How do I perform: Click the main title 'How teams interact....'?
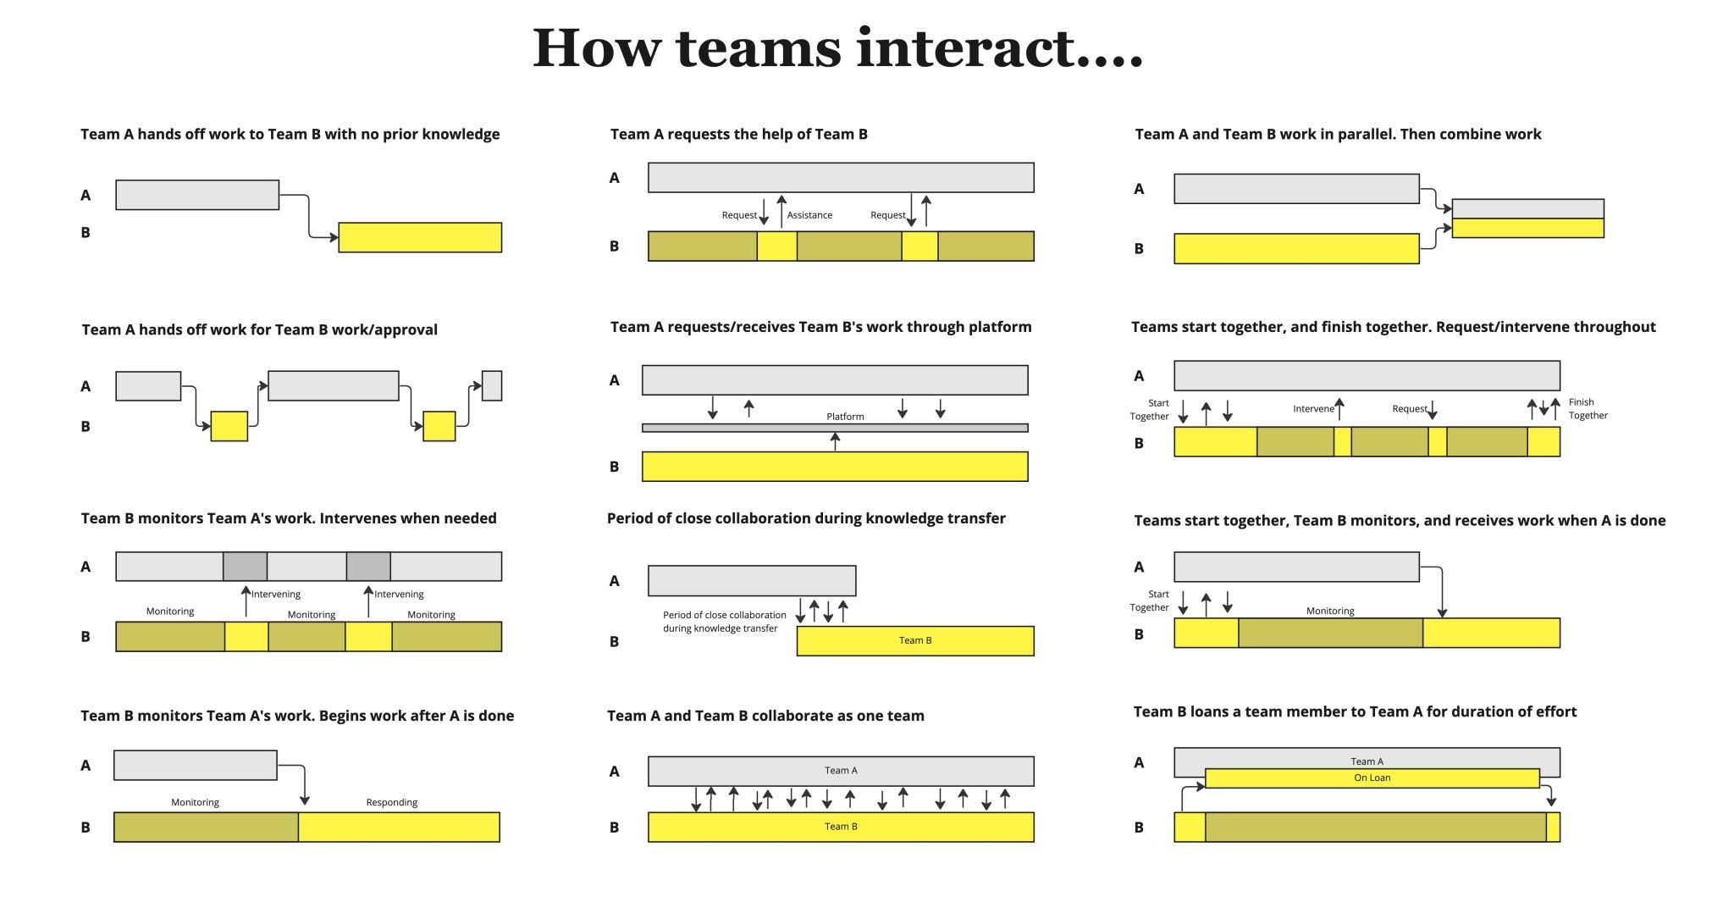837,48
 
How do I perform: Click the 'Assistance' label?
809,215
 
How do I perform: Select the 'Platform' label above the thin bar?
845,417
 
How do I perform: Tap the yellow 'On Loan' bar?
1372,778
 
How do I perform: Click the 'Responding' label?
391,802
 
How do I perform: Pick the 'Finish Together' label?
1587,409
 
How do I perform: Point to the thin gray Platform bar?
835,429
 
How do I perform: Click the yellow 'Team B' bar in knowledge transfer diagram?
914,641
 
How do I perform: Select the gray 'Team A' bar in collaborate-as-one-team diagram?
841,771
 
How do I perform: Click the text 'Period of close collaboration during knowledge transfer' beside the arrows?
724,622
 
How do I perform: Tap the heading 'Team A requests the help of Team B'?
738,134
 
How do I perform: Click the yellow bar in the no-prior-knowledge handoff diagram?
420,237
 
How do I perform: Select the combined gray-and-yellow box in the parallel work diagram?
1527,219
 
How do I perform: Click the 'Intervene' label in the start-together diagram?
1312,409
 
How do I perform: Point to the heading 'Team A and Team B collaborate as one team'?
765,716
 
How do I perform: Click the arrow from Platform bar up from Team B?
836,441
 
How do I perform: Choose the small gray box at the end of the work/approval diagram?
492,385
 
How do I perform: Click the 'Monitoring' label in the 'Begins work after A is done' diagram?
195,802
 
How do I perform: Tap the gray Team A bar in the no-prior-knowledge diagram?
197,195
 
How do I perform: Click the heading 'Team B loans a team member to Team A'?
1355,711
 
